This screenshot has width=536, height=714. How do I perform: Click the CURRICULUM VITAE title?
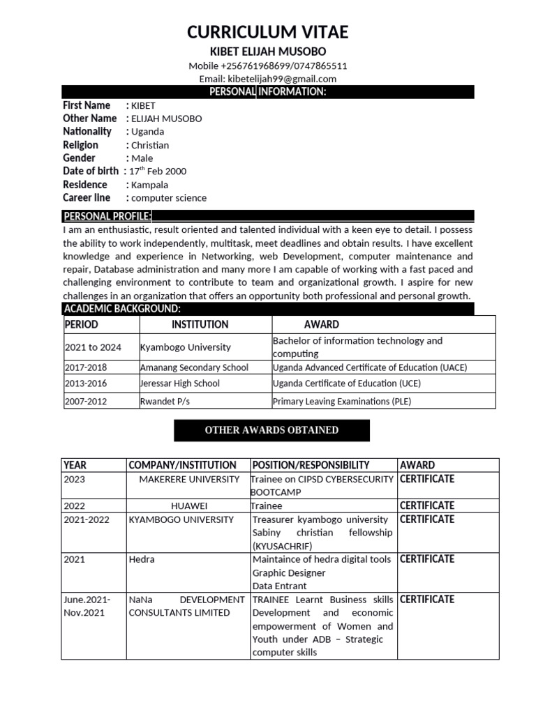pos(268,32)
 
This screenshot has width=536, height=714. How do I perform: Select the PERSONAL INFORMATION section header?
pos(268,92)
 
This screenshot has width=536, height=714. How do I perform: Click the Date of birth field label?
pos(91,172)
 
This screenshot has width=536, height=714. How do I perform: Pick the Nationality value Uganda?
pos(147,132)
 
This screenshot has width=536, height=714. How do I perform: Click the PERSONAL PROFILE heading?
pos(107,215)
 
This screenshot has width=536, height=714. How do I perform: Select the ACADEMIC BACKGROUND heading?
pos(122,308)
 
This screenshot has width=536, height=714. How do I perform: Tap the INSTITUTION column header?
pos(200,324)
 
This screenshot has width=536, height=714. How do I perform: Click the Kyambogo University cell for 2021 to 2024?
pos(186,347)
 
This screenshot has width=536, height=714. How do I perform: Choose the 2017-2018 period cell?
pos(87,367)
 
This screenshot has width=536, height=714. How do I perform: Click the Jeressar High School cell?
pos(180,383)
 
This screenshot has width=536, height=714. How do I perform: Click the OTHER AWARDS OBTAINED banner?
pos(271,430)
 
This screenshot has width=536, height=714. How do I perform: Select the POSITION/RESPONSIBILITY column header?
pos(311,465)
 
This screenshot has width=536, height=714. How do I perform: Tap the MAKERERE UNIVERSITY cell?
pos(189,479)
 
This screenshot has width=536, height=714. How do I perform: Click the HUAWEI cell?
pos(189,506)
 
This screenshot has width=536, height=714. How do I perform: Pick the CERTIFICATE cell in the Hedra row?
pos(426,559)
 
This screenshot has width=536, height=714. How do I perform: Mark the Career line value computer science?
pos(169,198)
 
